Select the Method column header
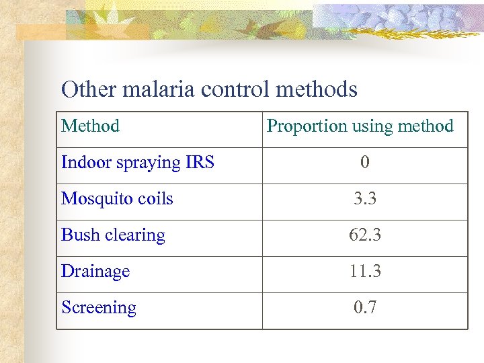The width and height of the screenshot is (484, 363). (90, 126)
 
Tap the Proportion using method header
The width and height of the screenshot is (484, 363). (360, 126)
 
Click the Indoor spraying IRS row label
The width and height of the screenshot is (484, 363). (138, 163)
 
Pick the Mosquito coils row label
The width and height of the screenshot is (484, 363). (117, 199)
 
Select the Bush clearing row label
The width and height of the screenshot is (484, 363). (113, 235)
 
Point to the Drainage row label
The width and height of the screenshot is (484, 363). (95, 272)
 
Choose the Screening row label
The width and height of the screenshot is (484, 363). (99, 308)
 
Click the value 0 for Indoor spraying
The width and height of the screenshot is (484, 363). (364, 163)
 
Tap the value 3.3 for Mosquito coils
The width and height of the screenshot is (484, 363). (365, 199)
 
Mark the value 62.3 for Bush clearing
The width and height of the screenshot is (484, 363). (365, 235)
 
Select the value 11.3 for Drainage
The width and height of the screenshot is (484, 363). (365, 272)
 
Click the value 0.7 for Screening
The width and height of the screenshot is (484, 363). (365, 308)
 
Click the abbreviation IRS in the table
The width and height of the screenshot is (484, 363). (200, 163)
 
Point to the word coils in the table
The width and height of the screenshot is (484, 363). (155, 199)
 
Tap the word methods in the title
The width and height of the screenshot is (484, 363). (316, 89)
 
